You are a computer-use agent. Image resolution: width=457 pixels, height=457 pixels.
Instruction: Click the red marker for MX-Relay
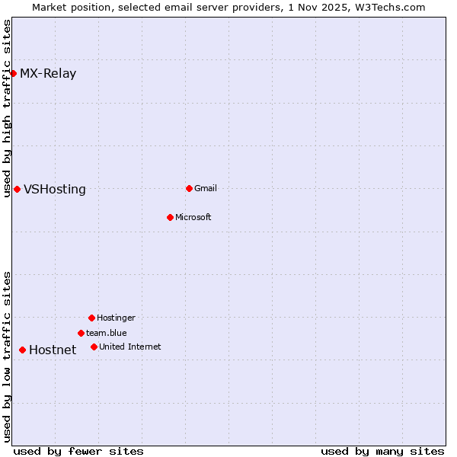pos(13,73)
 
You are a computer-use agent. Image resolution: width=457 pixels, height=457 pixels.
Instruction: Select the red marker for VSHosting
pos(17,189)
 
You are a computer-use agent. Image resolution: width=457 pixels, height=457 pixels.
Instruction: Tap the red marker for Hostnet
pos(22,350)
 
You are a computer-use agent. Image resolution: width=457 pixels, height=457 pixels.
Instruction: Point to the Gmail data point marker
pos(189,188)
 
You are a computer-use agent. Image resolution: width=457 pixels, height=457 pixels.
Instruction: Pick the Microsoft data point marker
pos(170,217)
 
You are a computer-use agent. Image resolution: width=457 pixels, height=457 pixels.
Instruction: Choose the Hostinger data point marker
pos(91,318)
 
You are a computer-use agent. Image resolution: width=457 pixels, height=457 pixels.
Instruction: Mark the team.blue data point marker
pos(81,333)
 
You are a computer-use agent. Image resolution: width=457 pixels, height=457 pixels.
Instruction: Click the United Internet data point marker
pos(94,347)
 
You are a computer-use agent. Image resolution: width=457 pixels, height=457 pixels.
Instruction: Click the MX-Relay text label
pos(48,74)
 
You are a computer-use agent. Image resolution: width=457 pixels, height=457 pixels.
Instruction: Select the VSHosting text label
pos(55,190)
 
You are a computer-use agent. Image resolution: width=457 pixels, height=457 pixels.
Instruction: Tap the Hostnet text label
pos(53,350)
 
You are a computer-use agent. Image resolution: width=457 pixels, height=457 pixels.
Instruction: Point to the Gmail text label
pos(206,188)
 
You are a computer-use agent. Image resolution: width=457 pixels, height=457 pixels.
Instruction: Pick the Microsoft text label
pos(193,217)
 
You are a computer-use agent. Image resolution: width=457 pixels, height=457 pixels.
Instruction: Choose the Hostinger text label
pos(116,318)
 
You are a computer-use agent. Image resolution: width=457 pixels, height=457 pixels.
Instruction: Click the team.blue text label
pos(107,333)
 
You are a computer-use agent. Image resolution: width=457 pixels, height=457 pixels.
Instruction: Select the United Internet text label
pos(130,347)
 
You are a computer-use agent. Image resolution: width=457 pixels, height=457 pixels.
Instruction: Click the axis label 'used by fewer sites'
pos(78,451)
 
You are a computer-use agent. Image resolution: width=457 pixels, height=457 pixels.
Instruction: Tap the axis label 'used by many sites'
pos(382,451)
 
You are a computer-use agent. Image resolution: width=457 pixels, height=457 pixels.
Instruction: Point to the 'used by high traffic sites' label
pos(7,108)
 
